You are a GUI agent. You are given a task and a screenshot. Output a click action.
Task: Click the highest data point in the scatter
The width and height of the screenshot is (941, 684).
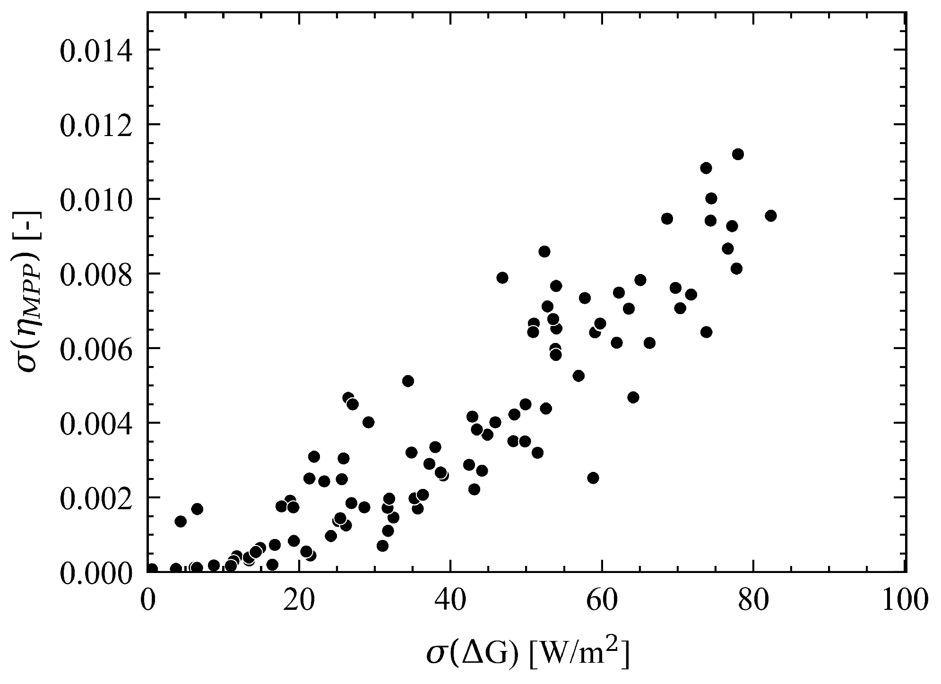[738, 154]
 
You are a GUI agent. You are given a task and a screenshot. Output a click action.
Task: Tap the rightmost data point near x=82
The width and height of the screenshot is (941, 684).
[770, 216]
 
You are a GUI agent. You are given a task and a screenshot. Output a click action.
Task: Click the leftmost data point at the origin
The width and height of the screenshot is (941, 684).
[152, 569]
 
